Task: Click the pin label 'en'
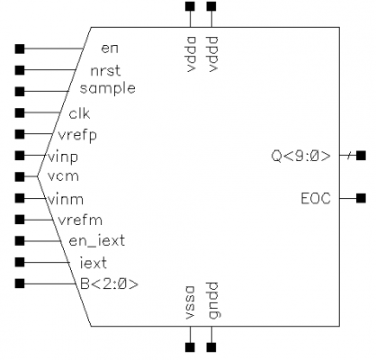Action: tap(110, 49)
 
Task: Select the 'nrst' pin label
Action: tap(105, 71)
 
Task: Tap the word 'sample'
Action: tap(108, 89)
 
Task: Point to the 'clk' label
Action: tap(79, 113)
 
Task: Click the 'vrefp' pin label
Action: tap(77, 136)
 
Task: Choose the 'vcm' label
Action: tap(63, 176)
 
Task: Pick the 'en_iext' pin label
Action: tap(97, 241)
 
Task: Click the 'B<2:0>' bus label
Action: tap(110, 284)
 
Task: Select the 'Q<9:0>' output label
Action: tap(301, 156)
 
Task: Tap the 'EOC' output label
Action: tap(316, 199)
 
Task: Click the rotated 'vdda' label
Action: tap(191, 54)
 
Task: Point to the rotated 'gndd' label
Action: tap(213, 301)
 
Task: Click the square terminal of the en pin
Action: tap(20, 49)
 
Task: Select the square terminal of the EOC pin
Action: tap(361, 198)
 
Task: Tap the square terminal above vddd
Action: tap(211, 6)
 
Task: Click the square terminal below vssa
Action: tap(190, 347)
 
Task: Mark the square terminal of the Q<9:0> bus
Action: tap(361, 156)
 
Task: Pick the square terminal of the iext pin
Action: tap(20, 262)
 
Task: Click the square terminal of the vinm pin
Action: tap(20, 198)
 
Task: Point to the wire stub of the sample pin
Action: tap(47, 91)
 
